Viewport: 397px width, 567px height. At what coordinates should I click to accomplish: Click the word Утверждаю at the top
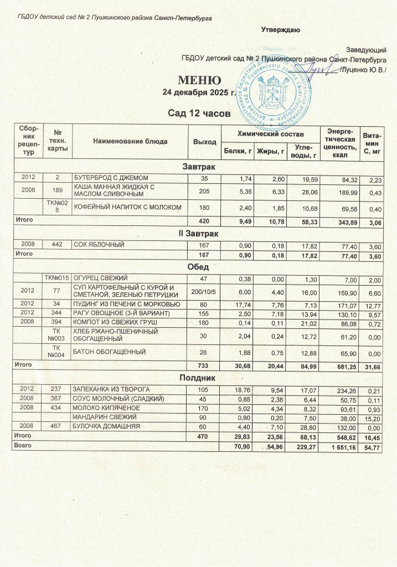tap(281, 29)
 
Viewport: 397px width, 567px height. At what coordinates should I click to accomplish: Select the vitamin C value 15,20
tap(374, 417)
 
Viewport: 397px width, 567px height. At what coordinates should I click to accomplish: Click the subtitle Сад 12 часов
tap(198, 114)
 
